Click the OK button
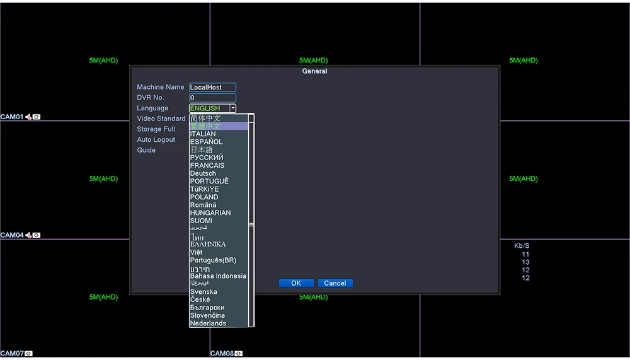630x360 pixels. tap(296, 283)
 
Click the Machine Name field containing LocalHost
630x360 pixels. tap(212, 88)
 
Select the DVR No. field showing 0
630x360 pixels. tap(212, 98)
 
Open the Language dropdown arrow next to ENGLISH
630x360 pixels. tap(232, 108)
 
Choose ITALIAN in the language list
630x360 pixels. tap(203, 134)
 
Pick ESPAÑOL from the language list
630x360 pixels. tap(206, 142)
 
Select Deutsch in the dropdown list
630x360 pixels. tap(203, 173)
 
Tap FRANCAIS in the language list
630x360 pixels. tap(207, 165)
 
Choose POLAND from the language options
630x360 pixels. tap(204, 197)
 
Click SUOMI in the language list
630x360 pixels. tap(202, 221)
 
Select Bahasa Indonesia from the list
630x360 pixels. tap(218, 276)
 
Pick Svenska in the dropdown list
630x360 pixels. tap(203, 292)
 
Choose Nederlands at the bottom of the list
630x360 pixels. tap(208, 323)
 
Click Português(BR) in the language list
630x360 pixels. tap(213, 260)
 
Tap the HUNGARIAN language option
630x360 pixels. tap(210, 212)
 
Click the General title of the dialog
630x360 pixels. tap(314, 71)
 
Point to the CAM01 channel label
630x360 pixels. tap(12, 117)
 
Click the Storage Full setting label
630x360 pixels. tap(156, 129)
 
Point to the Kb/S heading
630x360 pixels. tap(522, 246)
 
